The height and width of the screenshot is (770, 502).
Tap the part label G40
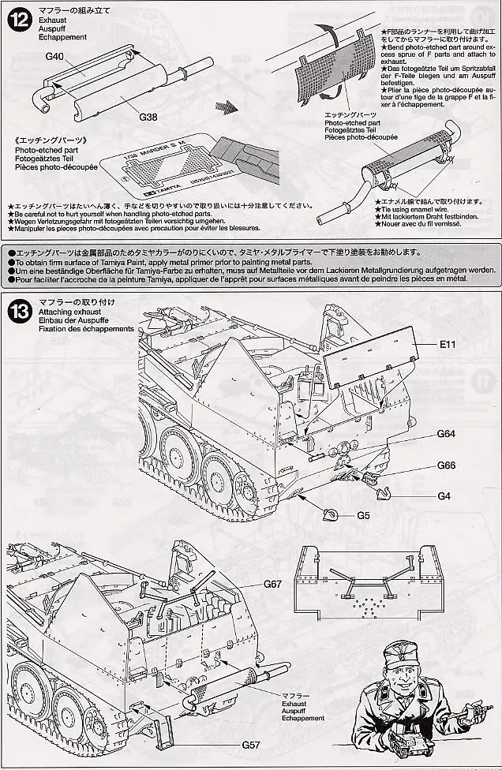point(55,58)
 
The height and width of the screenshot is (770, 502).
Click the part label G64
point(447,433)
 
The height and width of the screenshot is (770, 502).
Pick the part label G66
point(447,465)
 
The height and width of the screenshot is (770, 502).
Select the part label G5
point(363,516)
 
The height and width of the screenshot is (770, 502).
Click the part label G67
point(272,585)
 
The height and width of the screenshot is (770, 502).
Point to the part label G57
point(251,743)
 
